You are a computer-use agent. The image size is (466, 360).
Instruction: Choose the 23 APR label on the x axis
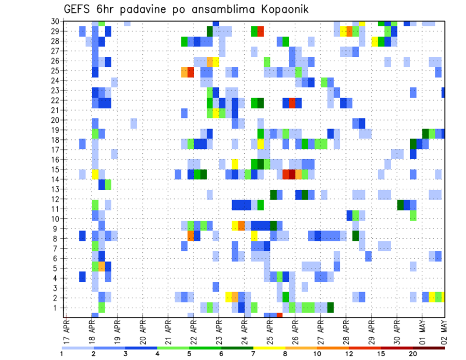coord(218,332)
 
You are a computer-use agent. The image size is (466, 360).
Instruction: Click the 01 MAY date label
coord(421,332)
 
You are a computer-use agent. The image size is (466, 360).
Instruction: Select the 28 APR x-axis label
coord(345,332)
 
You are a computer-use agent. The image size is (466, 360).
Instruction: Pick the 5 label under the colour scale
coord(189,354)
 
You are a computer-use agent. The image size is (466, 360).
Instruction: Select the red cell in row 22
coord(292,102)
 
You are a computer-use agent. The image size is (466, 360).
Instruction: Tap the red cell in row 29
coord(261,32)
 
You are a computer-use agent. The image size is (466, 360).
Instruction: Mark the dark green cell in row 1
coord(331,308)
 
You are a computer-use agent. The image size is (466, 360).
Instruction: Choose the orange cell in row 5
coord(101,266)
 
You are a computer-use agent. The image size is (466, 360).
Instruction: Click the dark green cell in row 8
coord(356,236)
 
